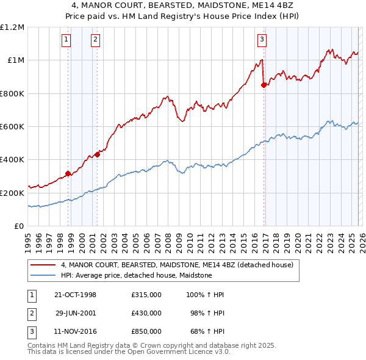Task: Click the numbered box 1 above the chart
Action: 66,40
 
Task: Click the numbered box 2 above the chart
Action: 96,40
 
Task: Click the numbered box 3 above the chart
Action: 262,40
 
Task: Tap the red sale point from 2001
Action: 98,154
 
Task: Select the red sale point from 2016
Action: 264,85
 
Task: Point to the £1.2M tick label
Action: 12,27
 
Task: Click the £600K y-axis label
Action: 12,126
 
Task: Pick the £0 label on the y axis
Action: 18,226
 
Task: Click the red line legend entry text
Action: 177,265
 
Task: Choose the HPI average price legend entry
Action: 136,275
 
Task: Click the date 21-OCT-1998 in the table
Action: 76,295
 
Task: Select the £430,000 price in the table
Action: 146,313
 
